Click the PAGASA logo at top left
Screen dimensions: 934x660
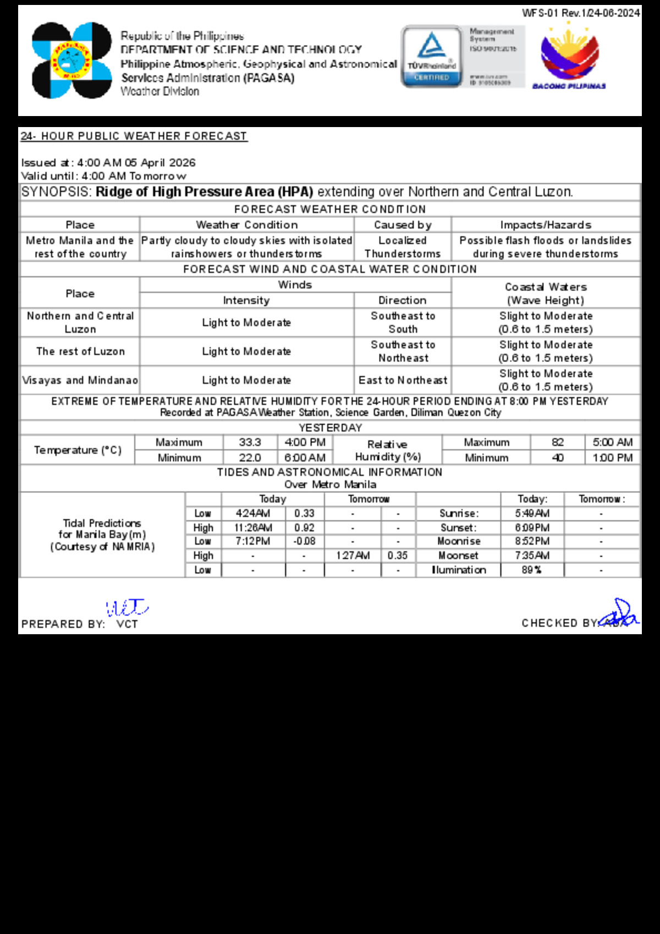71,61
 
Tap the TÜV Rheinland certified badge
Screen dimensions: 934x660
432,56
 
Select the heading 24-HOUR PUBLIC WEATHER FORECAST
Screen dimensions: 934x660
134,136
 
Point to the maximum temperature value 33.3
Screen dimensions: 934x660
250,442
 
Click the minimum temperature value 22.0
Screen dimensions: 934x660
250,458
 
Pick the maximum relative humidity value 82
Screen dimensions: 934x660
558,442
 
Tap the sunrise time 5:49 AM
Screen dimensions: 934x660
532,513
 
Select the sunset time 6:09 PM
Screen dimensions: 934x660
532,528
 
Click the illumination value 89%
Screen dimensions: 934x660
532,570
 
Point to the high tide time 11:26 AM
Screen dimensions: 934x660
252,528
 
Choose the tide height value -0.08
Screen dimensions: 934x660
304,541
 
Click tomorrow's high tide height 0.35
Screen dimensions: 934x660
397,556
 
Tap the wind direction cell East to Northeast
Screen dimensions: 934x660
403,380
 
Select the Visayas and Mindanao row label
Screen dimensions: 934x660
80,380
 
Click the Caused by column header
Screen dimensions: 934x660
403,224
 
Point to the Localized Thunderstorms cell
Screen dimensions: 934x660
403,247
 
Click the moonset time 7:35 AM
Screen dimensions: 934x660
532,556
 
